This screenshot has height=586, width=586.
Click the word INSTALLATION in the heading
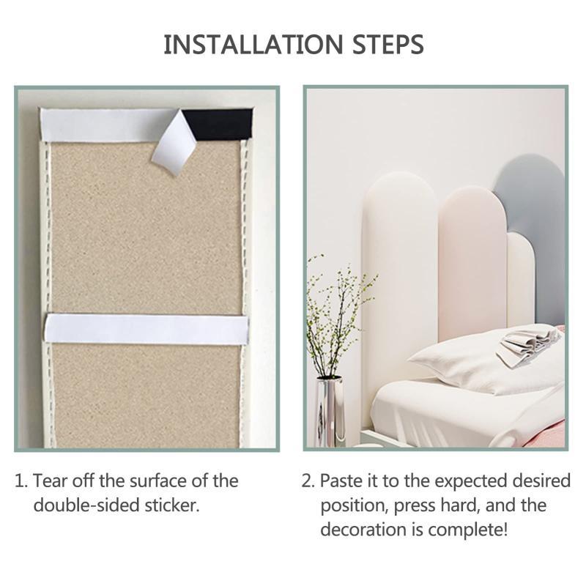coord(253,45)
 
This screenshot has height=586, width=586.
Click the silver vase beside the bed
coord(329,412)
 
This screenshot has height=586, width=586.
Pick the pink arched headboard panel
coord(473,262)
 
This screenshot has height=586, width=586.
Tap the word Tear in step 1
coord(51,481)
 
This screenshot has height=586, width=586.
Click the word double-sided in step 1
coord(86,505)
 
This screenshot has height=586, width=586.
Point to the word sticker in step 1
coord(172,505)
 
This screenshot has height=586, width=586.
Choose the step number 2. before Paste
coord(308,481)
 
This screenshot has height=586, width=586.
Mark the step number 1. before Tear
coord(21,481)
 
